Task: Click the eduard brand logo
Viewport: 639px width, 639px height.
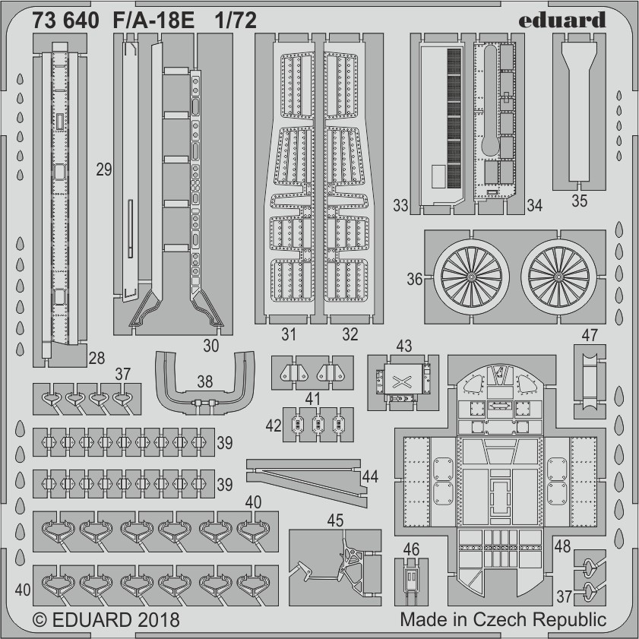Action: (x=562, y=20)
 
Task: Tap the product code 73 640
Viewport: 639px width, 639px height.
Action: (x=65, y=21)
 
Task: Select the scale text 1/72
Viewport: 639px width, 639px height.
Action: (x=236, y=21)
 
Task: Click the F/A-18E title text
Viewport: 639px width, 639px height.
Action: (x=153, y=21)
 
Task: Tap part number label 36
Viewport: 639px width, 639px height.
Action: (x=414, y=279)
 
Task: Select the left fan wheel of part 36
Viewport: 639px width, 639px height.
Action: (x=471, y=277)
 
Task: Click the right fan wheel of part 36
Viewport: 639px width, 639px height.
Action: (x=558, y=277)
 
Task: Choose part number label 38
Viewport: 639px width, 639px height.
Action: (x=205, y=382)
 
